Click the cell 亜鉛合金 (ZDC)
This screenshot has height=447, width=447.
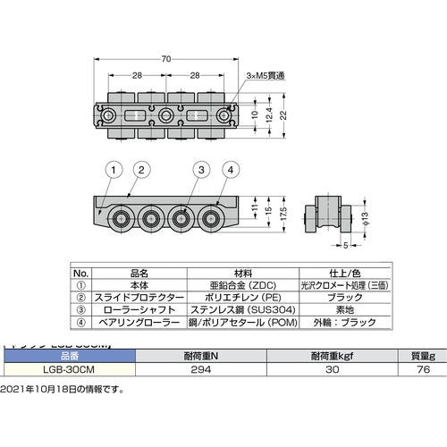pyautogui.click(x=240, y=287)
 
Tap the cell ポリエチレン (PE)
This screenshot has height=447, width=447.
pyautogui.click(x=240, y=298)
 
